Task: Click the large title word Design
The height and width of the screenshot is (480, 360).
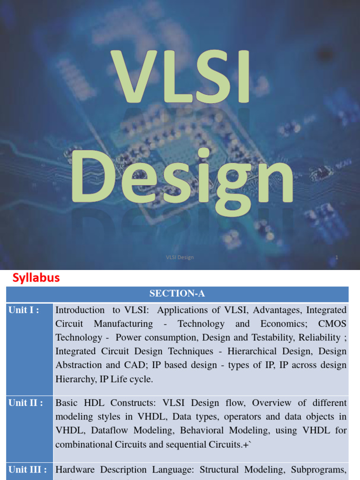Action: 183,178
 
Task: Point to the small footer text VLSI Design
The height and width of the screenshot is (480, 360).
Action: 180,257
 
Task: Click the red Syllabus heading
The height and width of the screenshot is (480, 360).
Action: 36,278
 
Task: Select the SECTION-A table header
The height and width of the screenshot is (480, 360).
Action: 177,294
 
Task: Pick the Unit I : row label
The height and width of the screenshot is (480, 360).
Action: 23,310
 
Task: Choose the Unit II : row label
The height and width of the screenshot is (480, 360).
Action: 25,403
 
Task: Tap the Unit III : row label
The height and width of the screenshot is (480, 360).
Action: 27,469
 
